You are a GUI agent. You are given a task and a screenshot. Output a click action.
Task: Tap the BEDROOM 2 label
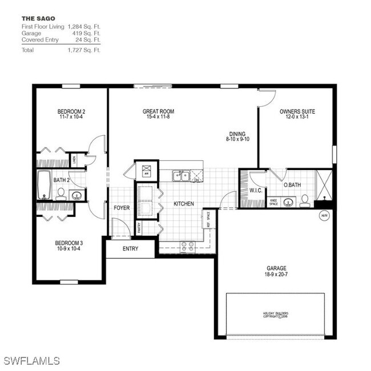tap(71, 111)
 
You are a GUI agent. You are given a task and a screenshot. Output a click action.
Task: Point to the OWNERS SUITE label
tap(297, 111)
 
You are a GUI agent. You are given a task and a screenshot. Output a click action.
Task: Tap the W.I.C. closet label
tap(255, 189)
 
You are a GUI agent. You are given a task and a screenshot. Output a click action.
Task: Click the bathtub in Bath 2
tap(44, 185)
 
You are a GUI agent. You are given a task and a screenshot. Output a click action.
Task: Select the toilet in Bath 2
tap(62, 195)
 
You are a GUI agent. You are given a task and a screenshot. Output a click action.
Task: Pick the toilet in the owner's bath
tap(305, 200)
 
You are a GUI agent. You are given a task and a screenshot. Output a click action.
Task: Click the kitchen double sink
tap(182, 176)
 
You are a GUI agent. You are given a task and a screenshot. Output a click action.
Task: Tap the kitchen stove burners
tap(187, 246)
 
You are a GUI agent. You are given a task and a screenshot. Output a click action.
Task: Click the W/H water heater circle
tap(325, 216)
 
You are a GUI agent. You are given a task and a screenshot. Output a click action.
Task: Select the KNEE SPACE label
tap(274, 201)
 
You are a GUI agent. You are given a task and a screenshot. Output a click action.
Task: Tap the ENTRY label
tap(130, 248)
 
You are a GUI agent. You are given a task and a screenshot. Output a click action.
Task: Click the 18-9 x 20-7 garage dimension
tap(276, 275)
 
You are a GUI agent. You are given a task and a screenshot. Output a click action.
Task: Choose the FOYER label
tap(122, 208)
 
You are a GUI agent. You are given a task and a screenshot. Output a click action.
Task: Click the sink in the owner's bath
tap(289, 201)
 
